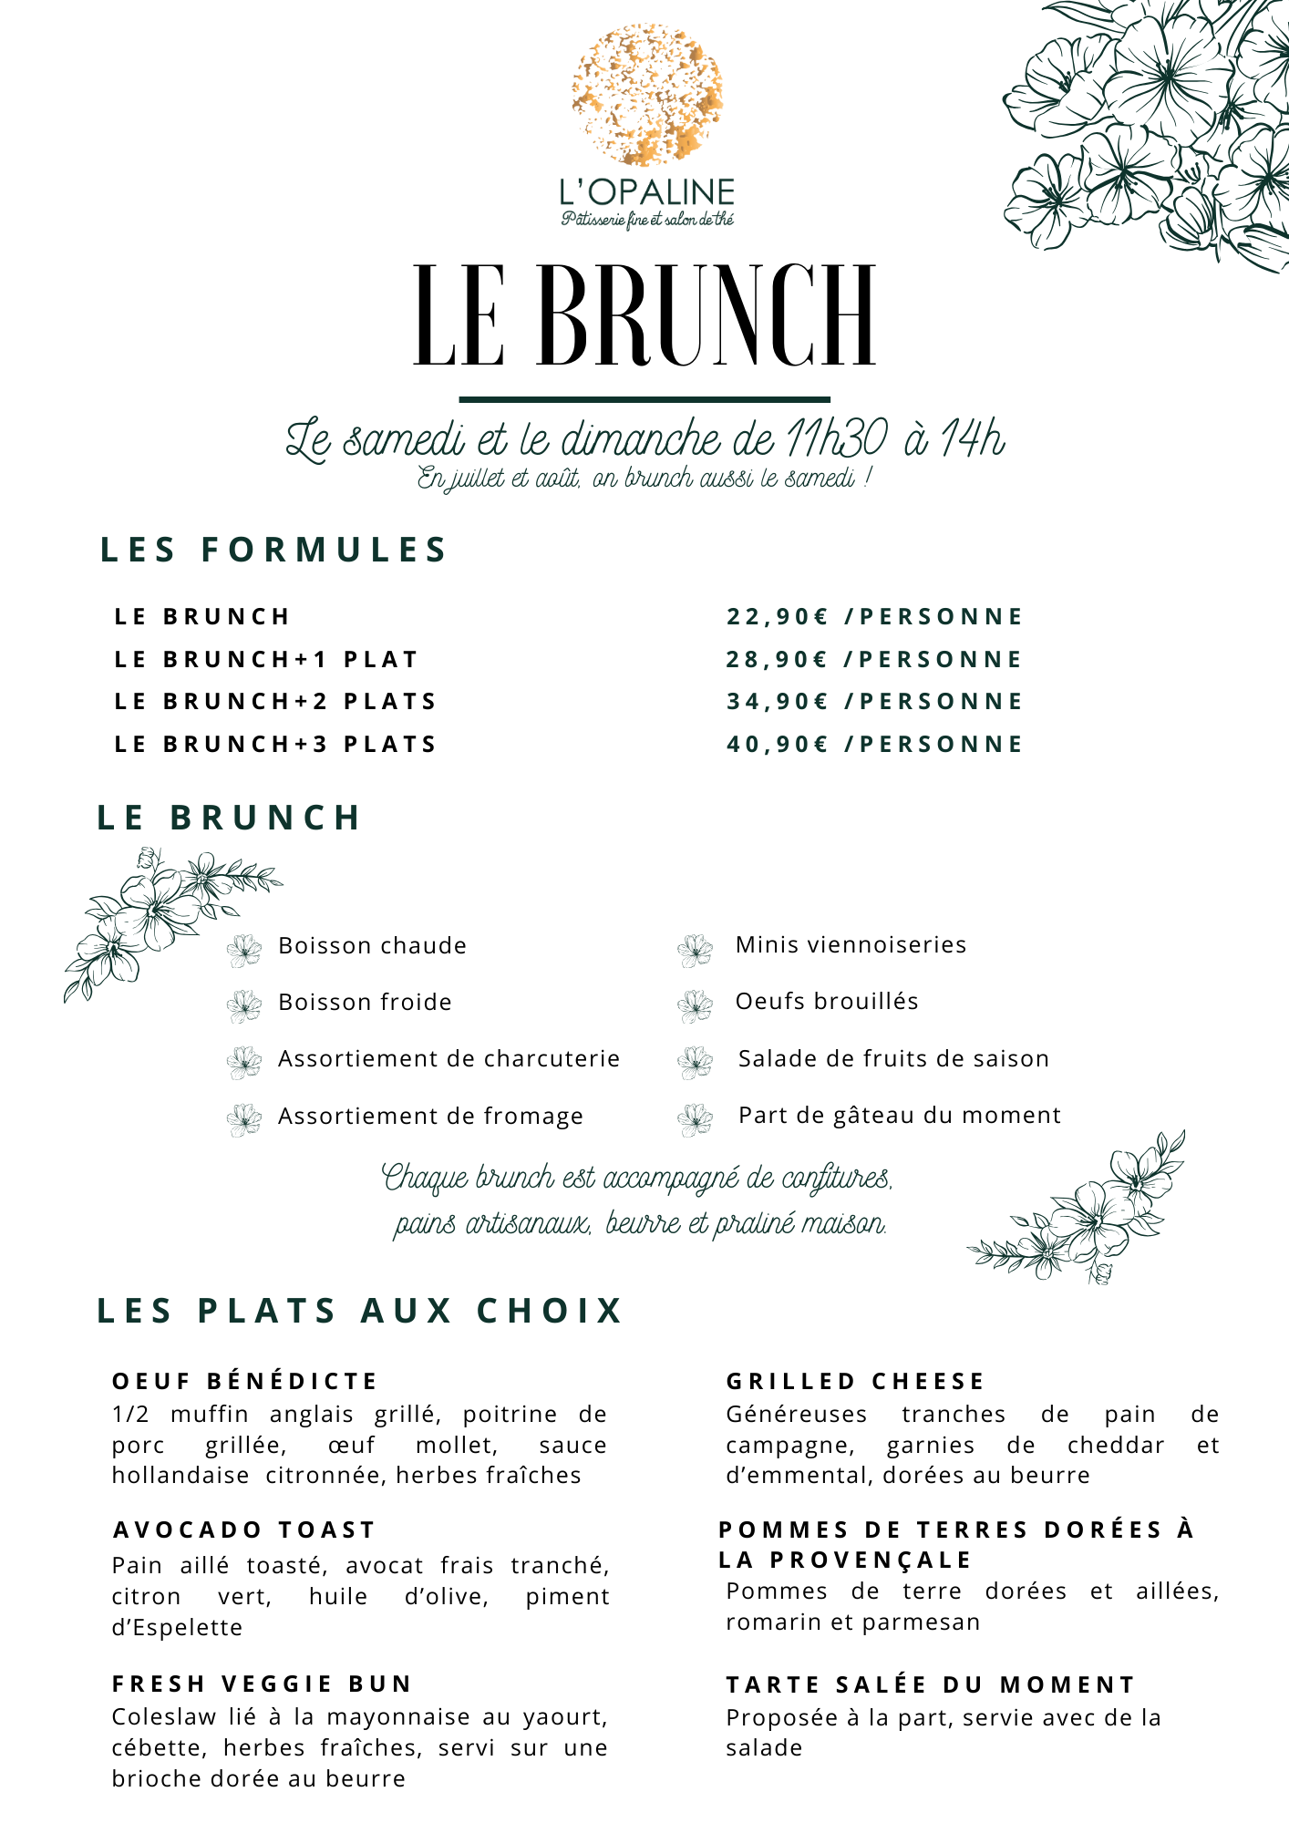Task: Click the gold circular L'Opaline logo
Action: click(x=647, y=95)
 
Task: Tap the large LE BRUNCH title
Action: click(x=644, y=315)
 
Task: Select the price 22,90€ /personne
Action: click(x=874, y=617)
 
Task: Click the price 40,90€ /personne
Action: click(x=874, y=745)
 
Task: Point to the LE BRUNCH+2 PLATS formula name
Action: click(x=275, y=702)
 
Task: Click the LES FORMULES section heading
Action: click(x=273, y=551)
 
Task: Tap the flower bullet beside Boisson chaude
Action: click(x=244, y=950)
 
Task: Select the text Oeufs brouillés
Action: click(x=827, y=1002)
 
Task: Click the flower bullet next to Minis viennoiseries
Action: click(x=696, y=950)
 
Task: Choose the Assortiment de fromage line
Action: click(x=430, y=1117)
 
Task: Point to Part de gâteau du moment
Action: click(x=900, y=1116)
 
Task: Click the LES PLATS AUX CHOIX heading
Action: click(x=360, y=1312)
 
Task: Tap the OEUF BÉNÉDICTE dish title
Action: click(x=244, y=1382)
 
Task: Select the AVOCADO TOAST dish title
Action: click(x=244, y=1530)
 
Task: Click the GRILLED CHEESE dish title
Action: click(x=855, y=1382)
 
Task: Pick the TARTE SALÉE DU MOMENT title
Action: click(x=931, y=1685)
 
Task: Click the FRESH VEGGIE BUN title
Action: click(x=263, y=1684)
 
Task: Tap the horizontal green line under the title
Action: click(x=644, y=399)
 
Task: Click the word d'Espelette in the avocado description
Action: click(x=178, y=1628)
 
